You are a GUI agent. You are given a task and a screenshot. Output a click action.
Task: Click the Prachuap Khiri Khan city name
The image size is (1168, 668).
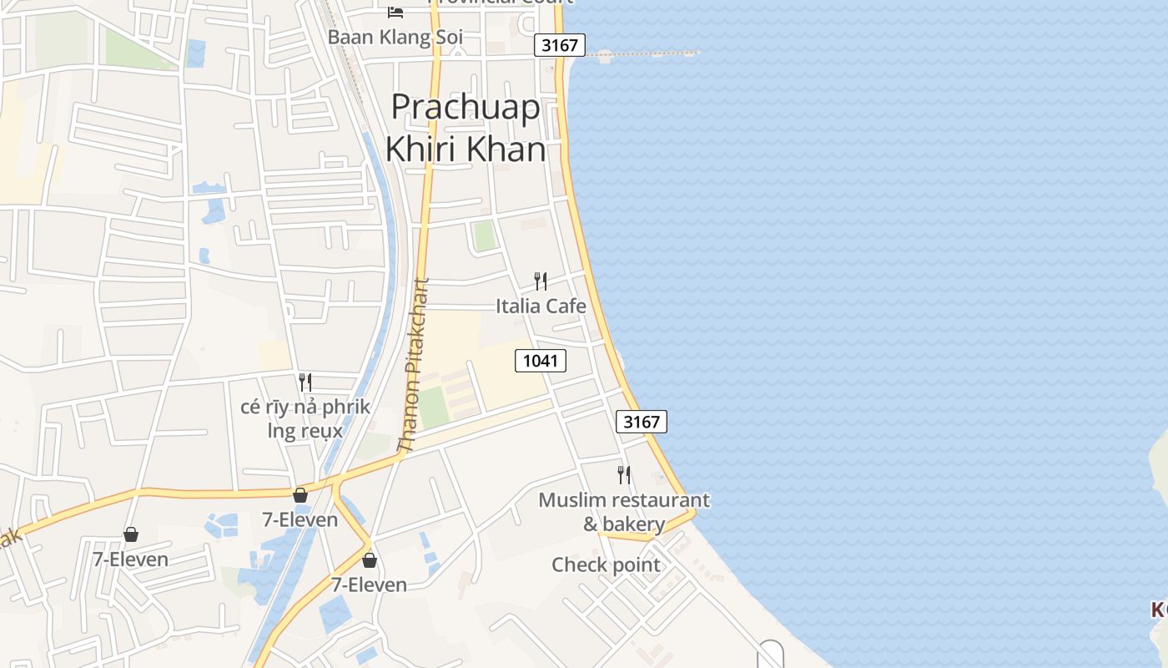click(466, 128)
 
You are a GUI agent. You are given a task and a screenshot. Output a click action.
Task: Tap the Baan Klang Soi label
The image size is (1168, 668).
click(395, 38)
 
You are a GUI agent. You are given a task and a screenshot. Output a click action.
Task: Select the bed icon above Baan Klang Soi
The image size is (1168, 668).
click(395, 12)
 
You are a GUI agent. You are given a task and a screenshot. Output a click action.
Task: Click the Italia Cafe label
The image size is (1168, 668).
click(541, 306)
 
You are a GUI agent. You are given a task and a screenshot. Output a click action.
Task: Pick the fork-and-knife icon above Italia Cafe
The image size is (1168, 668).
click(541, 281)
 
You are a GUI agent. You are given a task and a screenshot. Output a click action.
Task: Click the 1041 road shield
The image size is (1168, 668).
click(541, 361)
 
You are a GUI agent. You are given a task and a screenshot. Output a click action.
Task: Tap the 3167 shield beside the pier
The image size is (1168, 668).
click(560, 45)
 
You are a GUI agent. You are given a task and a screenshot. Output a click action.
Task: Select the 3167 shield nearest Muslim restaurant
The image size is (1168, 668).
click(642, 422)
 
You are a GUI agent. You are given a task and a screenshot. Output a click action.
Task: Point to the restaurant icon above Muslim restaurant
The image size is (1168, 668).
click(623, 475)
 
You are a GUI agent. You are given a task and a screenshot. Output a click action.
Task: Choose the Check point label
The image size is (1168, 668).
click(606, 565)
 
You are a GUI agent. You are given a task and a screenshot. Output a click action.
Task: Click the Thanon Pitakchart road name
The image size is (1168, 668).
click(415, 366)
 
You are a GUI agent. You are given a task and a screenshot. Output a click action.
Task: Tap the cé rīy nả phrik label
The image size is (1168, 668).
click(305, 407)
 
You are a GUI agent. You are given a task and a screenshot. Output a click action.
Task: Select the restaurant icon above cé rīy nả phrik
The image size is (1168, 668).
click(305, 382)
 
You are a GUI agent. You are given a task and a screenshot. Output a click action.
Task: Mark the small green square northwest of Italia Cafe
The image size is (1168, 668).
click(485, 235)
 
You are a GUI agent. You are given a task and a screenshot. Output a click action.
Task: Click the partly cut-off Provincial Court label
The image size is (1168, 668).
click(501, 3)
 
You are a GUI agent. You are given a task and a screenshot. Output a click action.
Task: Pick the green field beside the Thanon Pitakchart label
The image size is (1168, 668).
click(433, 407)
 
